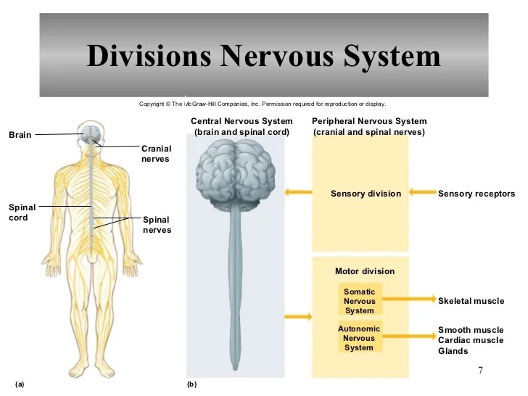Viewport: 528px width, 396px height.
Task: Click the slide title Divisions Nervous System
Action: click(263, 56)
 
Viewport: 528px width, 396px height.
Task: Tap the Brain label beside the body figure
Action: click(20, 134)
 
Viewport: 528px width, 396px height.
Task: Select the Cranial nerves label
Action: click(156, 154)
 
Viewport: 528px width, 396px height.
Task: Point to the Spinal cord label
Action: click(22, 212)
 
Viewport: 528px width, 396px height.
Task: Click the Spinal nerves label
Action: click(157, 225)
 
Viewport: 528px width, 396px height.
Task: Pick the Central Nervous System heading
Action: click(242, 126)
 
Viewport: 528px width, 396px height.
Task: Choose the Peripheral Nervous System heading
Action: click(369, 126)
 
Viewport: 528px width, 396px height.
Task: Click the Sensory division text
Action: click(366, 194)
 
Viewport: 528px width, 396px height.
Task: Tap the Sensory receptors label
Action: click(477, 194)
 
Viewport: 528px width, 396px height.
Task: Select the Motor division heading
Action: click(365, 271)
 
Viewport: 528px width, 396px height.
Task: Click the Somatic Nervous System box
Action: click(360, 301)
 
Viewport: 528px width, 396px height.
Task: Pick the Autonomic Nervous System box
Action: click(359, 338)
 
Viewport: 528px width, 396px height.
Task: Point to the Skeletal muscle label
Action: click(471, 300)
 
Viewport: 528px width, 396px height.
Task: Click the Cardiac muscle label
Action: click(471, 340)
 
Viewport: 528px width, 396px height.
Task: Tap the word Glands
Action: click(453, 351)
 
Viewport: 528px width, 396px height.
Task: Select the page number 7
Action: click(480, 371)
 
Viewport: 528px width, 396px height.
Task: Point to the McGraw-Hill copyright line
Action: click(263, 104)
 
